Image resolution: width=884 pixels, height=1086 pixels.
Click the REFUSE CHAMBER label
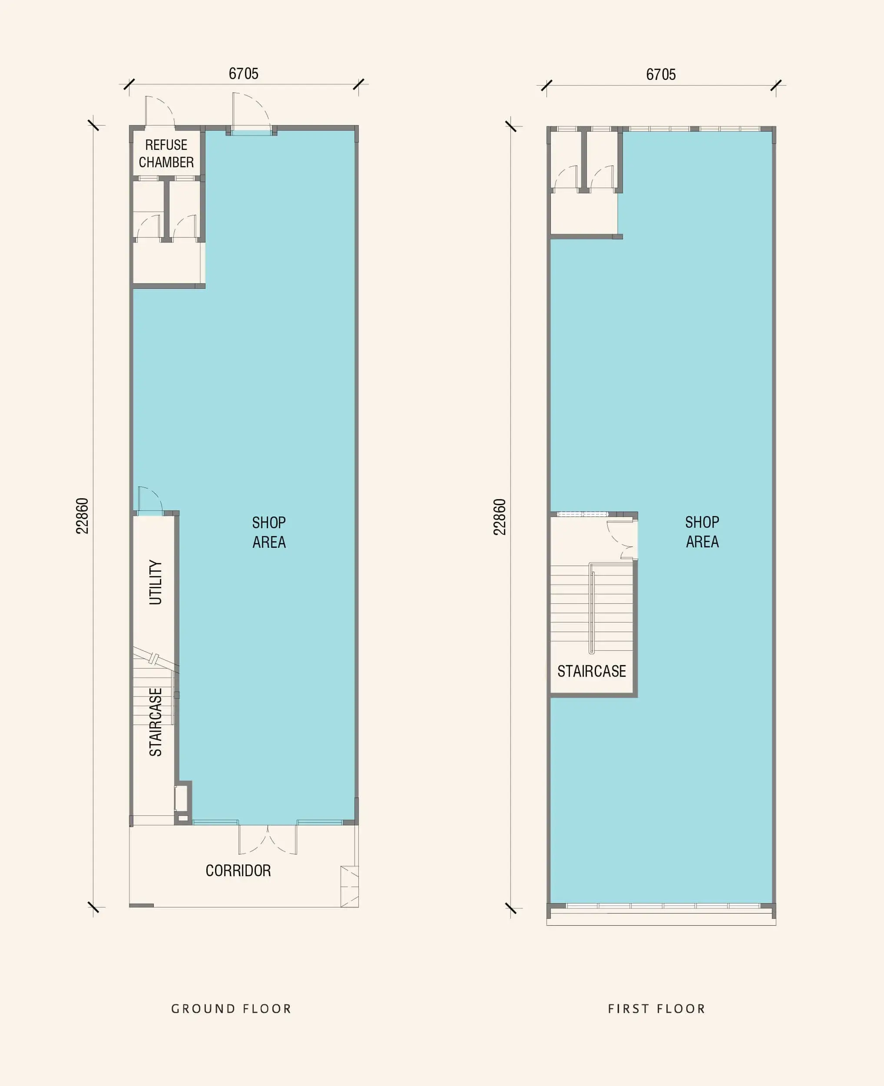tap(166, 153)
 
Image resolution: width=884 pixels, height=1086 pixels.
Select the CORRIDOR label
tap(238, 871)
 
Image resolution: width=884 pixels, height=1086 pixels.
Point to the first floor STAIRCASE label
tap(591, 672)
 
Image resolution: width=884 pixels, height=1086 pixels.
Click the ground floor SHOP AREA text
tap(269, 532)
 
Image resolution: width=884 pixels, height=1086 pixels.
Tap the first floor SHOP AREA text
tap(702, 532)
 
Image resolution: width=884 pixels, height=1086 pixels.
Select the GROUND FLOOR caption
tap(231, 1009)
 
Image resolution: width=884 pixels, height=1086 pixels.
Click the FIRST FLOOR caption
tap(656, 1009)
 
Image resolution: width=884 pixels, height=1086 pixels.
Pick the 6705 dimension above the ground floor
tap(243, 74)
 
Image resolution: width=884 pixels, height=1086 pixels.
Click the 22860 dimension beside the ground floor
tap(82, 516)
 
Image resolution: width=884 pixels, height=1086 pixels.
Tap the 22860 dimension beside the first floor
tap(500, 517)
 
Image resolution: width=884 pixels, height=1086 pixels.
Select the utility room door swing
tap(149, 500)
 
